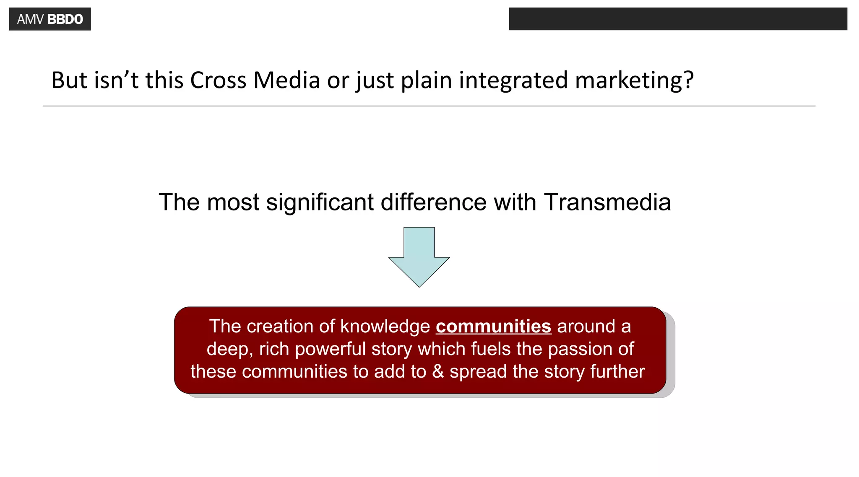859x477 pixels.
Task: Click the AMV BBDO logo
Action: (50, 19)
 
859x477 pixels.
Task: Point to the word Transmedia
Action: (607, 202)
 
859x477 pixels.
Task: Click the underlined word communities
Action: (493, 327)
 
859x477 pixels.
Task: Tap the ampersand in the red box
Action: (438, 371)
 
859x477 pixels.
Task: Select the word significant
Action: (320, 202)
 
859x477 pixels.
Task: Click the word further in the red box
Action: (617, 371)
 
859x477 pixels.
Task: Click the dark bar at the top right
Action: (678, 19)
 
